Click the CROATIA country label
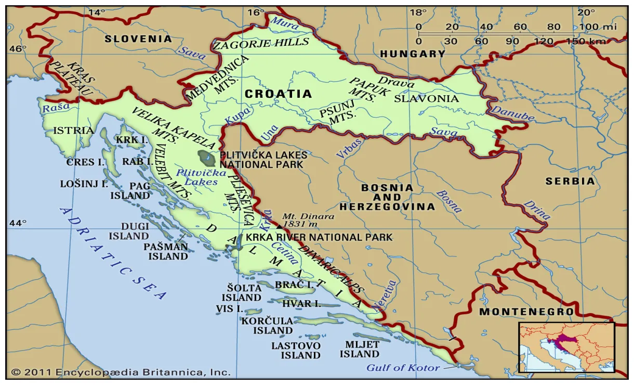pos(278,94)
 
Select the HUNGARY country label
pos(413,54)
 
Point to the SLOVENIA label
pos(138,38)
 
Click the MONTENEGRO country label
pos(526,312)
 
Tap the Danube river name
pos(512,113)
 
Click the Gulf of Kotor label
pos(403,368)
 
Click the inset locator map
pos(566,347)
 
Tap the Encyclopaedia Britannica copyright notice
pos(121,372)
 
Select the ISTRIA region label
pos(74,130)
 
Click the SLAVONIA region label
pos(426,98)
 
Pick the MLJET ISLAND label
pos(360,349)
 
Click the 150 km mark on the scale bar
pos(575,41)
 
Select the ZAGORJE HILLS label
pos(261,44)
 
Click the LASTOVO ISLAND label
pos(296,350)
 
